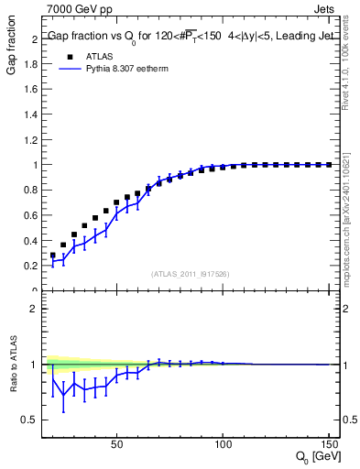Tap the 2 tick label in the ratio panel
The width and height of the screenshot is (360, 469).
tap(35, 309)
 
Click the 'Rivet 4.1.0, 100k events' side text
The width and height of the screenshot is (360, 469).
tap(350, 63)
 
